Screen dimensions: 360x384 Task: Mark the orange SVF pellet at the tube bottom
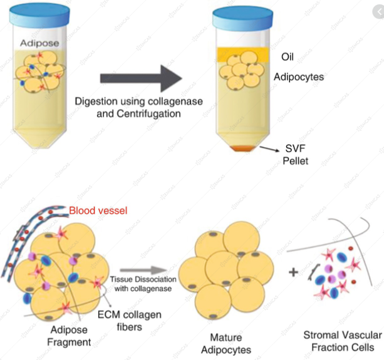(x=244, y=148)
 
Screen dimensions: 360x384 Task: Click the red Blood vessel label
(x=98, y=211)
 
